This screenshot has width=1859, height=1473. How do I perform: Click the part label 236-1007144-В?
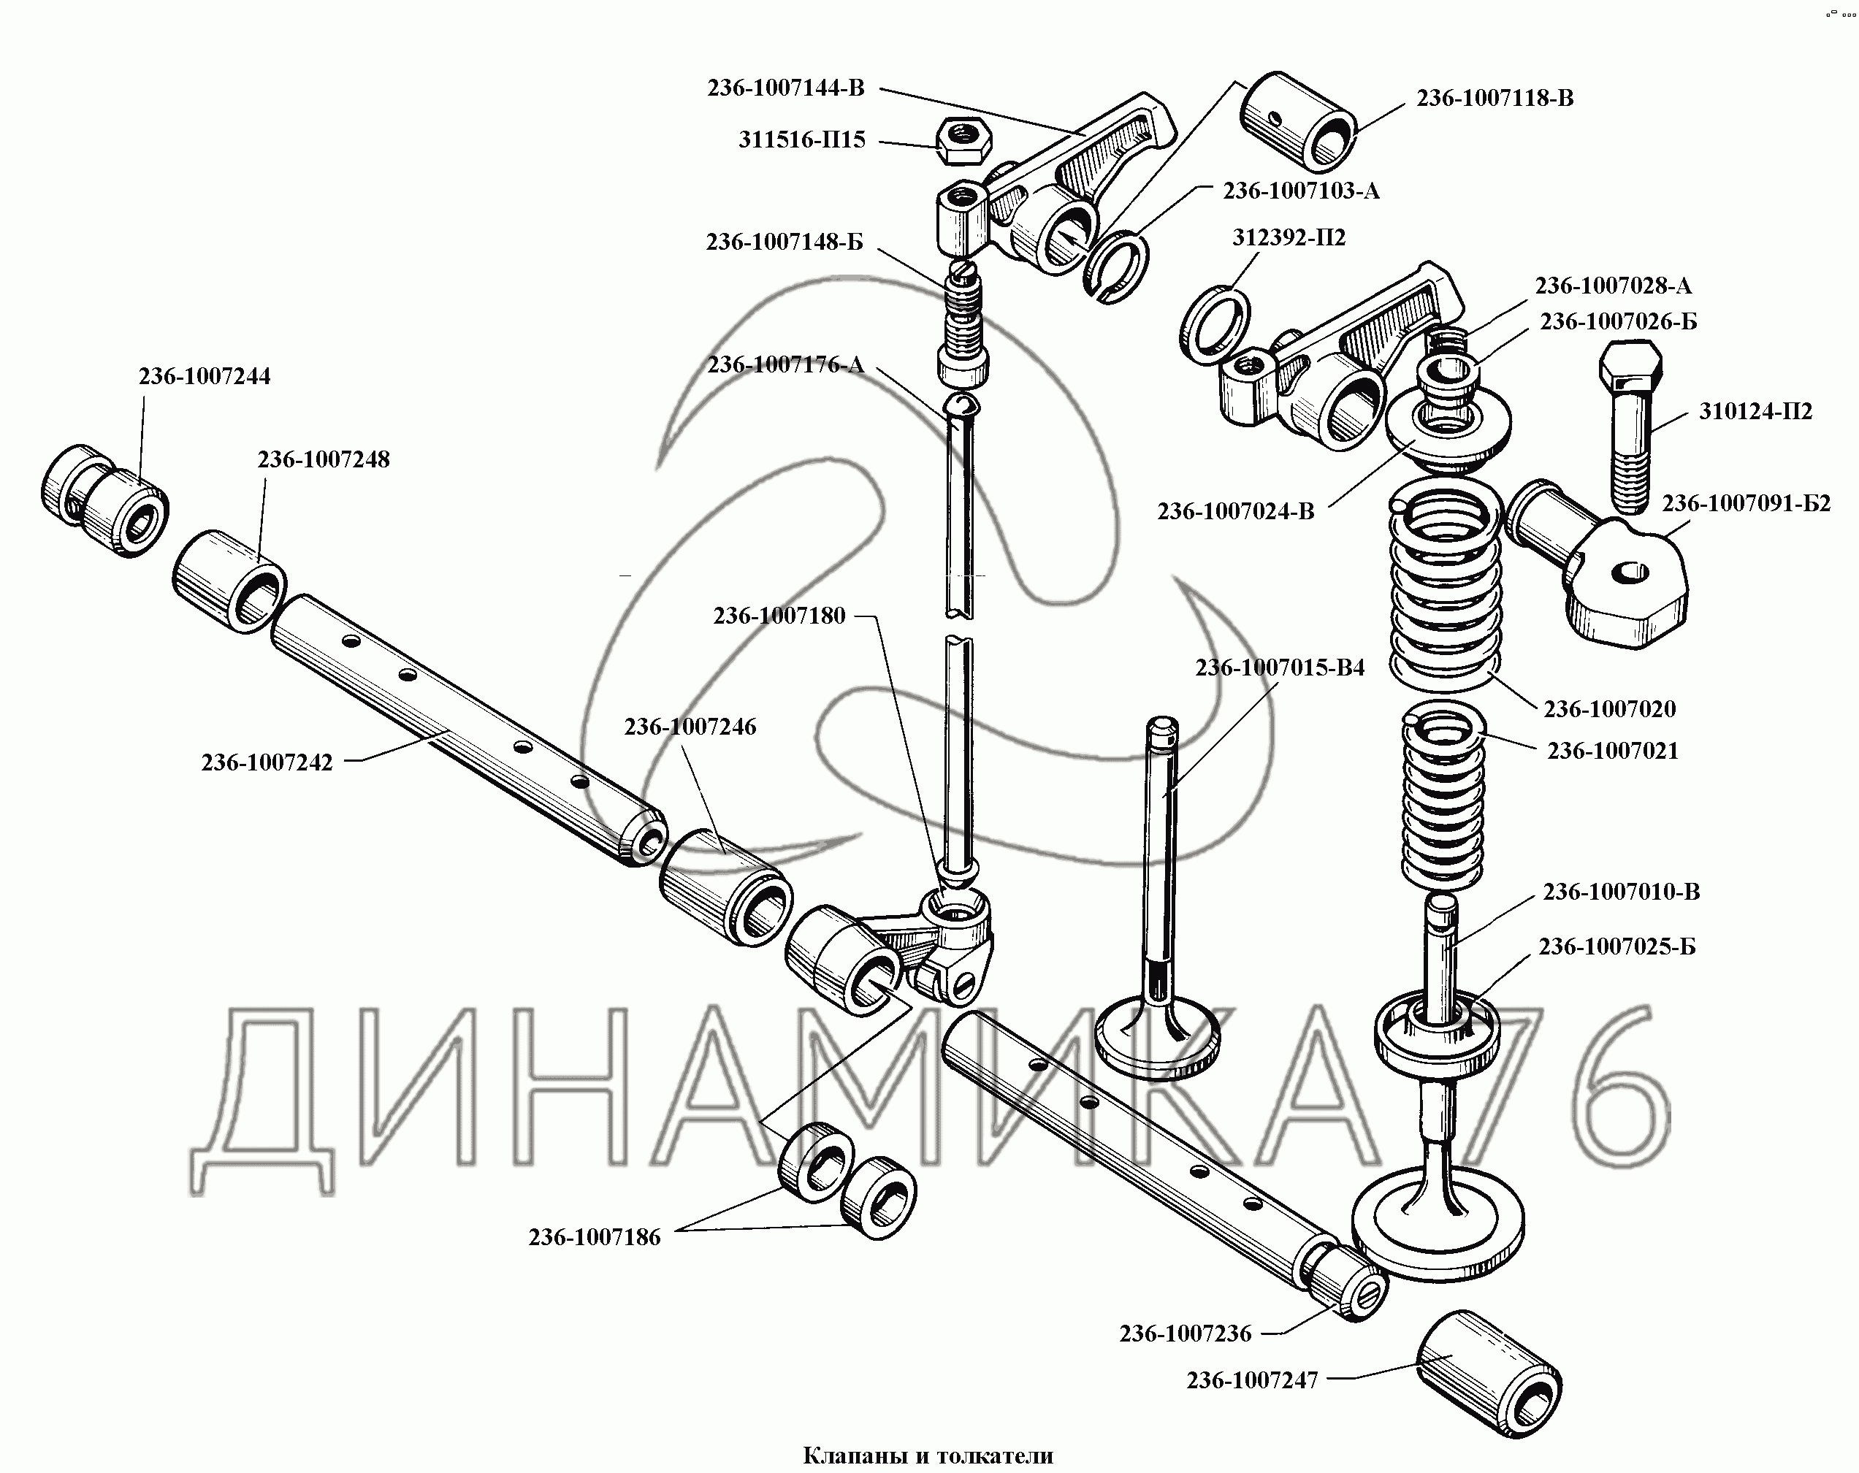coord(785,88)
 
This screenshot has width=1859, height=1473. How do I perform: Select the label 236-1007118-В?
coord(1495,99)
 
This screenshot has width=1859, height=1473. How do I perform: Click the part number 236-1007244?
coord(205,377)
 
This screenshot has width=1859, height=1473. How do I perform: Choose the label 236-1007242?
coord(267,762)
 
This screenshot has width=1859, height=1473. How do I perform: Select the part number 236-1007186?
coord(594,1238)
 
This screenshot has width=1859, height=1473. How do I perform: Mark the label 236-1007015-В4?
coord(1280,668)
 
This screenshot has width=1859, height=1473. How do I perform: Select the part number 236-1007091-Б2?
coord(1746,503)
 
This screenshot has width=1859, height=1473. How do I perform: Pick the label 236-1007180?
coord(779,616)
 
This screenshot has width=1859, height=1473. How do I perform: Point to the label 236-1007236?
coord(1185,1334)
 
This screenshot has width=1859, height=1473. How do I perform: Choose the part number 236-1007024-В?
coord(1236,512)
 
